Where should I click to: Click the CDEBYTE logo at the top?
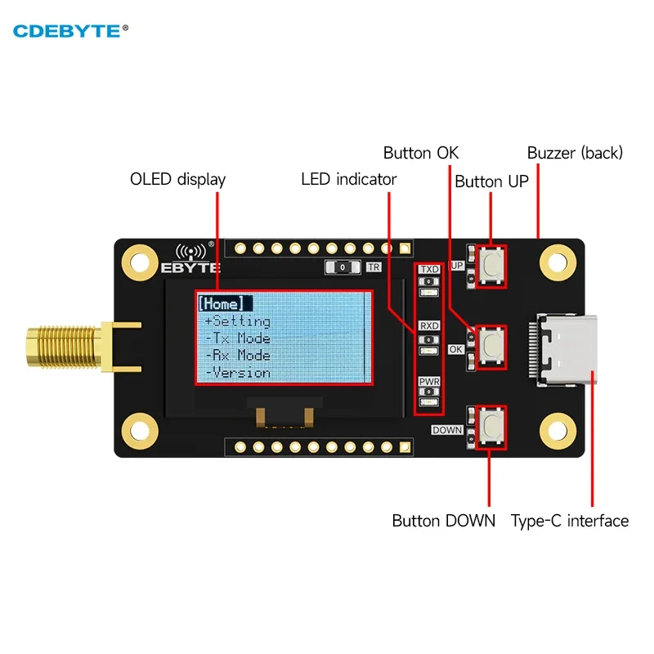click(x=70, y=31)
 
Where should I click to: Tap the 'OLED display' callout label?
click(x=178, y=179)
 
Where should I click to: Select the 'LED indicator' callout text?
click(x=349, y=179)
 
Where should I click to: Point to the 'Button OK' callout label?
click(x=421, y=153)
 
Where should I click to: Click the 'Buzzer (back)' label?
click(x=575, y=153)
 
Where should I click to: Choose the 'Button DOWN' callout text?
click(x=443, y=521)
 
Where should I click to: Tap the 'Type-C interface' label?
click(x=570, y=521)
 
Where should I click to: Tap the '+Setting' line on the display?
click(x=237, y=321)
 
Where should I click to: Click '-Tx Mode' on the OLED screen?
click(x=237, y=338)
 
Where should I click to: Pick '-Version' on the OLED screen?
click(x=237, y=373)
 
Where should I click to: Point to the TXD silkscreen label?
click(x=429, y=269)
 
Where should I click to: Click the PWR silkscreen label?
click(x=429, y=382)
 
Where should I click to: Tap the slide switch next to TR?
click(x=343, y=267)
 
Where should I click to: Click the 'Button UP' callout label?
click(x=490, y=181)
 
